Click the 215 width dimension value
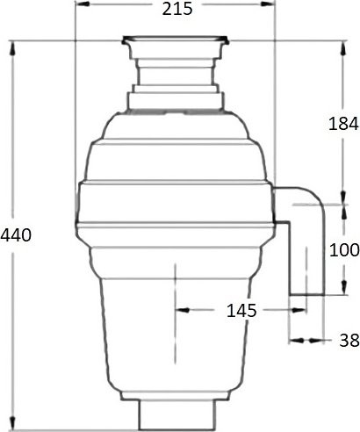pyautogui.click(x=176, y=11)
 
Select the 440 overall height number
pyautogui.click(x=16, y=235)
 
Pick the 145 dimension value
pyautogui.click(x=240, y=310)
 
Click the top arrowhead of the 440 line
pyautogui.click(x=13, y=46)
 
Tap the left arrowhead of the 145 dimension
pyautogui.click(x=181, y=310)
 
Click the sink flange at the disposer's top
pyautogui.click(x=176, y=40)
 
